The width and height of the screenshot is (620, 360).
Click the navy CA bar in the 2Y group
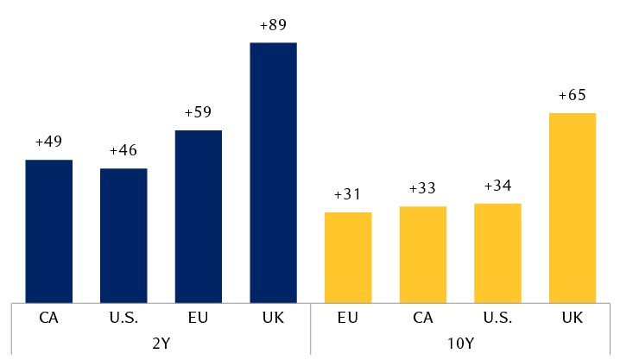[x=48, y=231]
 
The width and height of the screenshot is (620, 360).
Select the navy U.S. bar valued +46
[x=123, y=235]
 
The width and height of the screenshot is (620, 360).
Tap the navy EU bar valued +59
[x=199, y=216]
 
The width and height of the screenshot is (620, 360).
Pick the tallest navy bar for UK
[x=273, y=172]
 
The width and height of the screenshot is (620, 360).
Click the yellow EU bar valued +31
[x=348, y=256]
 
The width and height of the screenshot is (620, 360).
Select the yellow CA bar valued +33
[x=423, y=254]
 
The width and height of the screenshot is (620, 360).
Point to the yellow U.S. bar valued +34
[x=497, y=252]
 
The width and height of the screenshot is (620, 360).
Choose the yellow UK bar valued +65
[x=573, y=207]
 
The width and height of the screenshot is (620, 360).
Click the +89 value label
[x=273, y=25]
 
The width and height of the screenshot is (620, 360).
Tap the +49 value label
[x=48, y=142]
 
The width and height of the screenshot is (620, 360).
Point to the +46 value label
[x=123, y=151]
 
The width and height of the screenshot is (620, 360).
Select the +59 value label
[x=199, y=112]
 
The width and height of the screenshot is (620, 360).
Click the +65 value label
[x=573, y=95]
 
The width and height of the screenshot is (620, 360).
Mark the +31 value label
[x=348, y=195]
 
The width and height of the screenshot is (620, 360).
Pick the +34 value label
[x=497, y=186]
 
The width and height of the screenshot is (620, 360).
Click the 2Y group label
[x=161, y=342]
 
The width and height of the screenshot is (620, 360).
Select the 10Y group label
[x=460, y=342]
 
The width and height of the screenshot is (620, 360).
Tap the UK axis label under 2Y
[x=273, y=317]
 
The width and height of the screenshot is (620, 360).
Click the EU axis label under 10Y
[x=348, y=317]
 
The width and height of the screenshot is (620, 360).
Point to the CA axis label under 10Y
[x=423, y=317]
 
